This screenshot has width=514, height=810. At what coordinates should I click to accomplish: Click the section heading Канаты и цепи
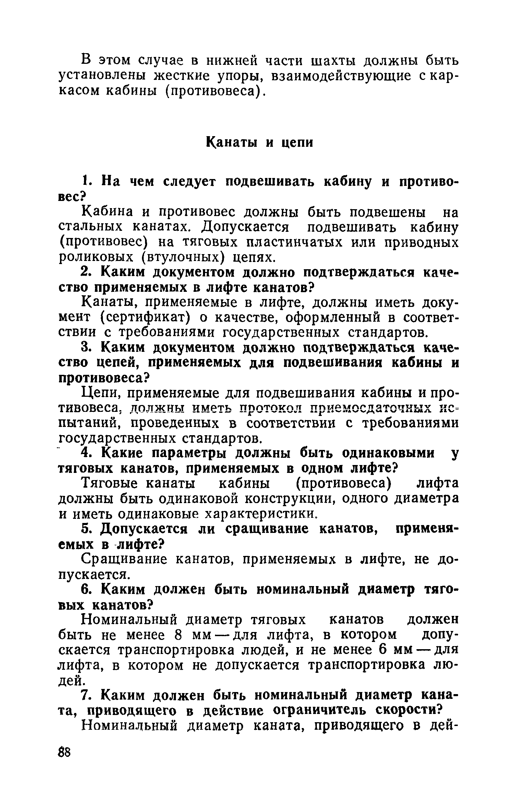click(x=260, y=142)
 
